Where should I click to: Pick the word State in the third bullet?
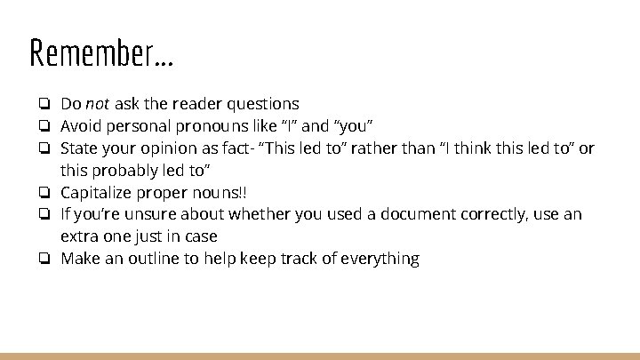point(79,148)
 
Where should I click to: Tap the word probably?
point(131,170)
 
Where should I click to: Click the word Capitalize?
point(97,192)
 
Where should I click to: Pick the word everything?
point(380,259)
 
